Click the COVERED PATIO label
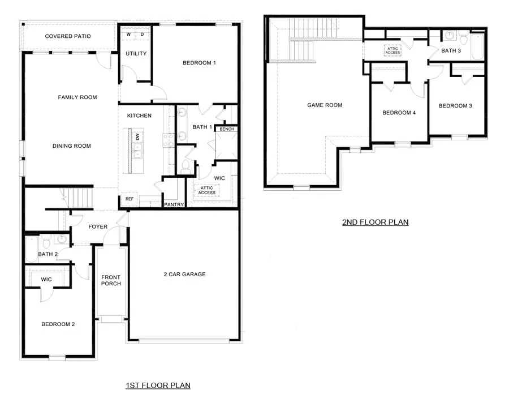click(68, 37)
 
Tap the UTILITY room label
click(136, 54)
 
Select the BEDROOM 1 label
click(199, 63)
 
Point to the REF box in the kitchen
click(128, 199)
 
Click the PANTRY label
click(174, 204)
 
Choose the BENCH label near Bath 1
click(227, 129)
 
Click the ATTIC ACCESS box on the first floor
click(207, 190)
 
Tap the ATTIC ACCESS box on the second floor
click(392, 50)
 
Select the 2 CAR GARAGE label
click(184, 275)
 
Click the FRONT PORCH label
click(111, 280)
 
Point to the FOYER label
click(98, 227)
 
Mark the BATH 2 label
click(48, 254)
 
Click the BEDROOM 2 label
click(58, 324)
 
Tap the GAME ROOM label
click(325, 105)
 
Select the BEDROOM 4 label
click(399, 113)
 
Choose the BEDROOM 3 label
click(455, 106)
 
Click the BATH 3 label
click(450, 51)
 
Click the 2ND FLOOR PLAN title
click(375, 222)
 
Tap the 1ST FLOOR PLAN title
click(158, 385)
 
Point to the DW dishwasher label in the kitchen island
click(137, 137)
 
